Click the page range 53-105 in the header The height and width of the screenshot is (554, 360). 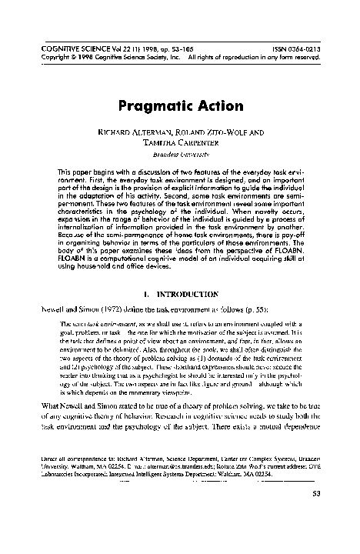click(165, 47)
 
